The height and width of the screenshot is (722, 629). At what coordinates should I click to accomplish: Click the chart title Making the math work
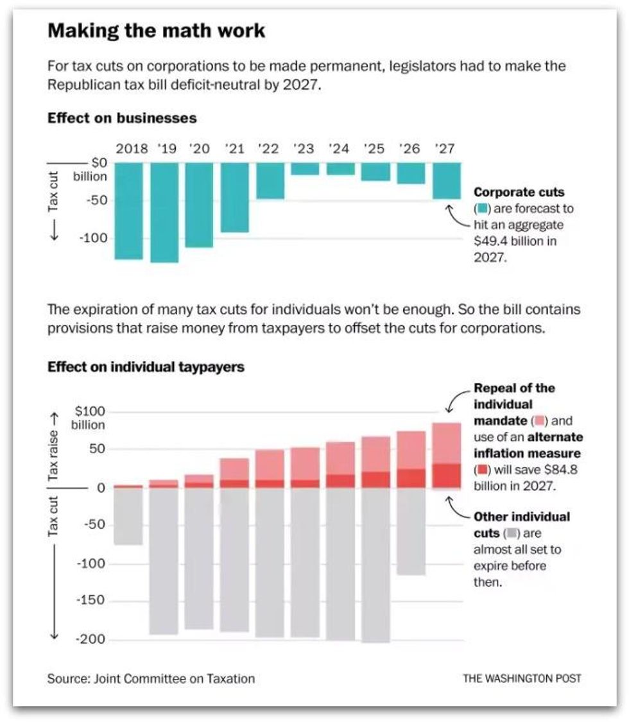(156, 31)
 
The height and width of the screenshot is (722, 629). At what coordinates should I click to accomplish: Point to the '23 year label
(304, 150)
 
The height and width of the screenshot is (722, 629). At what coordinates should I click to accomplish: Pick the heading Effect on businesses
(122, 119)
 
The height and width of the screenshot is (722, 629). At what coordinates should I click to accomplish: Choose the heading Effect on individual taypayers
(146, 368)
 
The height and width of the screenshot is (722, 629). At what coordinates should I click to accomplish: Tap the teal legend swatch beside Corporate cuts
(483, 209)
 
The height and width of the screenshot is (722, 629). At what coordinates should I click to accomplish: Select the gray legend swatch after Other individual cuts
(512, 533)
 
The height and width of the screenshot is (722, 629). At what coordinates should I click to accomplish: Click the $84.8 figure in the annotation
(563, 469)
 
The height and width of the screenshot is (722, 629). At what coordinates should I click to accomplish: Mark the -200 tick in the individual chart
(91, 640)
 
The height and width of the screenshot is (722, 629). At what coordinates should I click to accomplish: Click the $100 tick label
(90, 411)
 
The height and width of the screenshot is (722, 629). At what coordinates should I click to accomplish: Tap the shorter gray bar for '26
(410, 531)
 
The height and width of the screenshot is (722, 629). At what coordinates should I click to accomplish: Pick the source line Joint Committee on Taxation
(151, 678)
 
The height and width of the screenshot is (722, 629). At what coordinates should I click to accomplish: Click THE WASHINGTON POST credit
(522, 678)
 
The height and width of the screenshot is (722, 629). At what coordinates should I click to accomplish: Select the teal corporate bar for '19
(164, 212)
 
